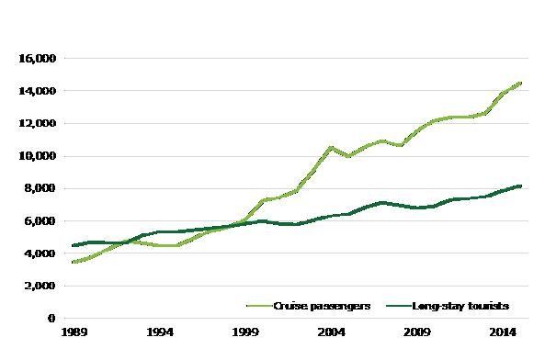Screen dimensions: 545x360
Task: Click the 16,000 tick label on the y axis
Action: tap(37, 59)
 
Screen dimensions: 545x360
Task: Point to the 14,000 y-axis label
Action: tap(37, 91)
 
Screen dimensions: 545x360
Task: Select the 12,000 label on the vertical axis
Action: tap(37, 124)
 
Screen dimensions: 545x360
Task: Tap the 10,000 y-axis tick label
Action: tap(37, 156)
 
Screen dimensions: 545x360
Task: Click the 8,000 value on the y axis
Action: tap(40, 188)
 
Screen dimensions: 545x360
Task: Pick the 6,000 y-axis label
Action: tap(40, 221)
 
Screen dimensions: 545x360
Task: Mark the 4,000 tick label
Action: tap(40, 253)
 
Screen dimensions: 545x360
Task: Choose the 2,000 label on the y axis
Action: tap(40, 286)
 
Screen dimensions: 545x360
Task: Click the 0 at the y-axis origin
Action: tap(51, 318)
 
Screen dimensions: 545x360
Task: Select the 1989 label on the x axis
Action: tap(74, 332)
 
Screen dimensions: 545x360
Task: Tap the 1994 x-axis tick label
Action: tap(160, 332)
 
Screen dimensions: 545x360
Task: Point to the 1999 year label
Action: tap(245, 332)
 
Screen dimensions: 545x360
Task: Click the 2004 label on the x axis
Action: tap(332, 332)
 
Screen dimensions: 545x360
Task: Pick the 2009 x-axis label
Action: tap(417, 332)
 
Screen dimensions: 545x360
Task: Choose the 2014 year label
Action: tap(503, 332)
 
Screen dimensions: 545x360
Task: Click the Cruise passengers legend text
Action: tap(322, 306)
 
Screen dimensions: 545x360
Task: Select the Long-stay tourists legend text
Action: tap(460, 306)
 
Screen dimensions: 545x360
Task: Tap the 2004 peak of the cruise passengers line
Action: tap(331, 148)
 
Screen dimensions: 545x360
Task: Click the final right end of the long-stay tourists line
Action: tap(520, 186)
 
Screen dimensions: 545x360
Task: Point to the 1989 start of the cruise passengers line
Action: tap(74, 262)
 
